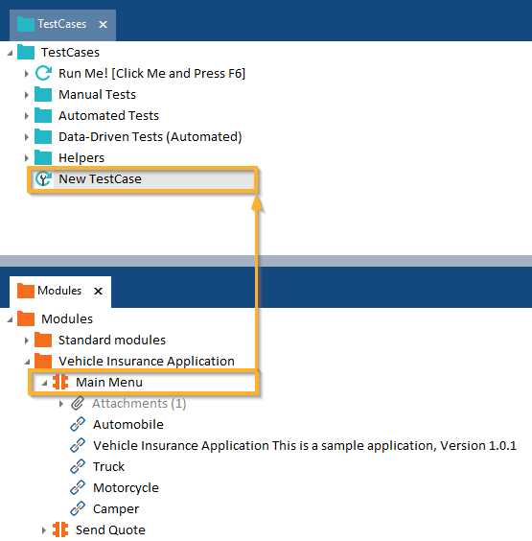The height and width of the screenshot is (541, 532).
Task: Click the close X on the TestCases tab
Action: click(x=103, y=25)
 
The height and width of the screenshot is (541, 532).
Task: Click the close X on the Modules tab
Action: click(x=99, y=292)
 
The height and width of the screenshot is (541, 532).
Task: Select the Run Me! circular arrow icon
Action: click(x=43, y=73)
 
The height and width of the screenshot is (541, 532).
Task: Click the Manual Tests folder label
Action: click(x=97, y=95)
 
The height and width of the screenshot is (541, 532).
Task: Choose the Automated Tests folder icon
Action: click(x=43, y=115)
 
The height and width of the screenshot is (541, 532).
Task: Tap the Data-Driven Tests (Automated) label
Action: click(x=150, y=137)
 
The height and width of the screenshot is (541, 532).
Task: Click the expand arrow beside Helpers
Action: click(x=27, y=158)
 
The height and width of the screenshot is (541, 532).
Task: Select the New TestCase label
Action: click(x=100, y=179)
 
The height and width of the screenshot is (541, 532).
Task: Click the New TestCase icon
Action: click(x=43, y=178)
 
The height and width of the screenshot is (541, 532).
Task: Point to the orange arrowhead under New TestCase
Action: click(x=257, y=203)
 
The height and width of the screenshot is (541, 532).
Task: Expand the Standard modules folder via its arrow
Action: click(x=27, y=341)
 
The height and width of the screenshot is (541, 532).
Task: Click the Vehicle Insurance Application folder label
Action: click(x=147, y=362)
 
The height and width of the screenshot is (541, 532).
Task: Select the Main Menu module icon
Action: click(x=60, y=382)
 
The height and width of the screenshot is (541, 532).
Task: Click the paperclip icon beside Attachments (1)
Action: click(x=78, y=403)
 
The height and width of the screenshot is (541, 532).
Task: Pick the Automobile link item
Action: click(x=128, y=424)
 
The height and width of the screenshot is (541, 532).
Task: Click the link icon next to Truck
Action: click(x=78, y=466)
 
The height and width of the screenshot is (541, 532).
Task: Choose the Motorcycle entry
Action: click(x=126, y=488)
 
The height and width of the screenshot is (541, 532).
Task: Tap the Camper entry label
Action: click(x=116, y=509)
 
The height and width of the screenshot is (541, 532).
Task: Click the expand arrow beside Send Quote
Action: click(x=44, y=530)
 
